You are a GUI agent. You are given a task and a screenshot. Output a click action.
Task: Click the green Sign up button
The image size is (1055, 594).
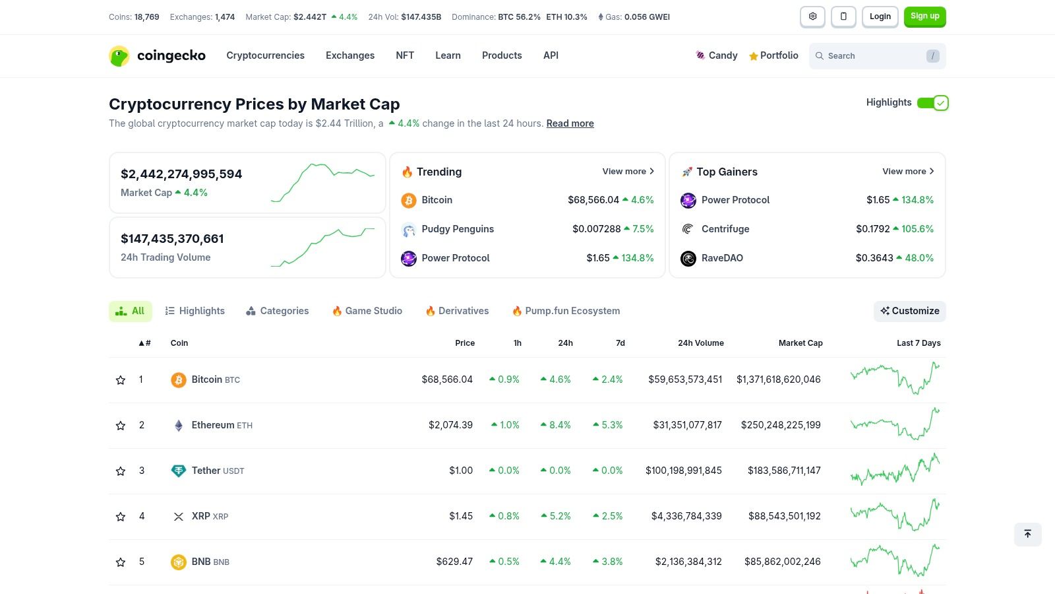click(x=924, y=16)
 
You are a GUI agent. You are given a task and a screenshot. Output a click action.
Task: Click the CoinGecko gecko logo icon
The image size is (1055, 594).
click(x=119, y=56)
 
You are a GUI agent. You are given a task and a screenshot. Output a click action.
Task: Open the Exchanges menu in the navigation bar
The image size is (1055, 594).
click(x=349, y=55)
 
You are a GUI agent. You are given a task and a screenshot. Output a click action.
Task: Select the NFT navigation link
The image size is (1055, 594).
click(x=405, y=55)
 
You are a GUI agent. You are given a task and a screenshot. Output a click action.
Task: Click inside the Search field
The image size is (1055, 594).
click(x=870, y=56)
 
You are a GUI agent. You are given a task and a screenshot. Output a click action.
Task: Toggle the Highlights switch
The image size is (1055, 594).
click(x=932, y=103)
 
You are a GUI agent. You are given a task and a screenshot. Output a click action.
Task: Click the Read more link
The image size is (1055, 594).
click(x=570, y=123)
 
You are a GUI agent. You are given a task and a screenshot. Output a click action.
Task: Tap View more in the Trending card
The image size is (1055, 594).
click(x=628, y=172)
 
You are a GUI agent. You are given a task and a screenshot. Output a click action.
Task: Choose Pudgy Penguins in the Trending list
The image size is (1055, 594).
click(x=458, y=229)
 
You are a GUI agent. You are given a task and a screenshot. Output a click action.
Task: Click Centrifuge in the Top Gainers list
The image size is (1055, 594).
click(x=725, y=229)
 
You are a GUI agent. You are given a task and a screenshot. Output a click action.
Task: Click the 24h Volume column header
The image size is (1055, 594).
click(x=700, y=343)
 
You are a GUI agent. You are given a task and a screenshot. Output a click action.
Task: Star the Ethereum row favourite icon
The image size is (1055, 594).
click(x=121, y=426)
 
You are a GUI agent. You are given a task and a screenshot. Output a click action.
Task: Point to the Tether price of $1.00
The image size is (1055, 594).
click(x=461, y=471)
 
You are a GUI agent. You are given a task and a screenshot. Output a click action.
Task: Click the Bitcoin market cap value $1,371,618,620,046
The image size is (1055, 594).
click(x=778, y=379)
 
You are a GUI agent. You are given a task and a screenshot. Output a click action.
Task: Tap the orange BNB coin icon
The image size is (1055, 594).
click(x=179, y=562)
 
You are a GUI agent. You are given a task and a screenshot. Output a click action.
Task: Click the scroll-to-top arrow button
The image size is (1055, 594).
click(x=1027, y=534)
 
